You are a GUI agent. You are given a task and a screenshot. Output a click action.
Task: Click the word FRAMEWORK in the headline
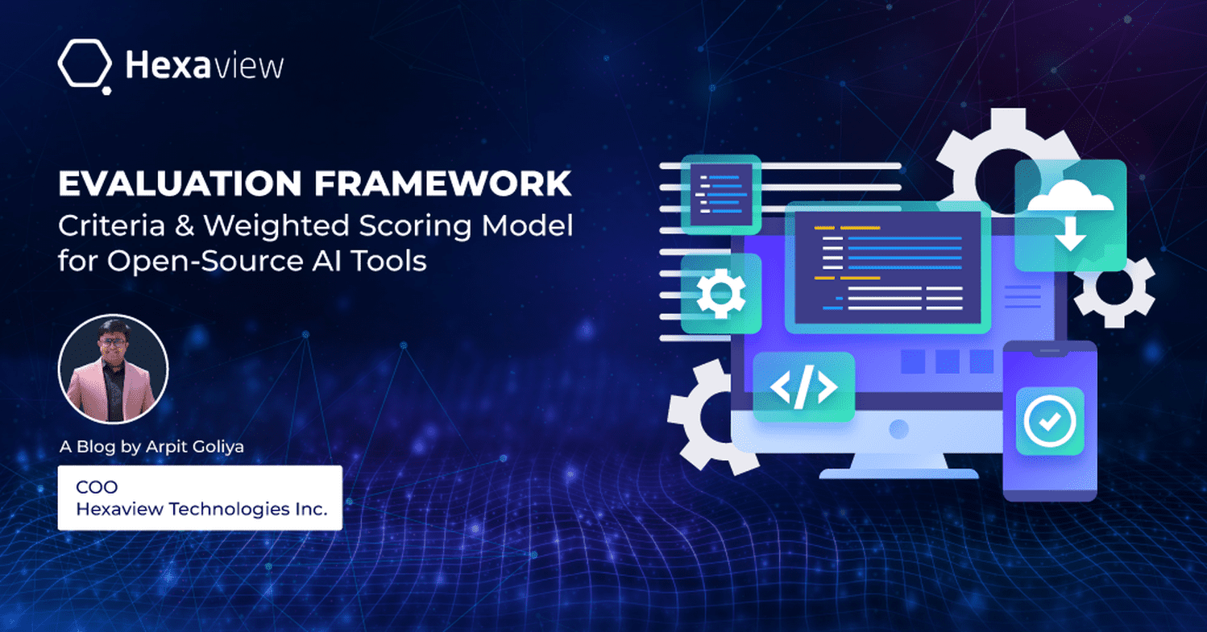pyautogui.click(x=442, y=184)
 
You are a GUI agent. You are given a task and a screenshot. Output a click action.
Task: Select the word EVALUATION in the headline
pyautogui.click(x=180, y=184)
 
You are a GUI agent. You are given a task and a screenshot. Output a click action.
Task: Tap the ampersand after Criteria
pyautogui.click(x=185, y=225)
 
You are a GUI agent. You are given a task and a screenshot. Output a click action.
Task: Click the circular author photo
pyautogui.click(x=113, y=370)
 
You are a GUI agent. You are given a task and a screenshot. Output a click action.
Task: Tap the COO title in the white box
pyautogui.click(x=97, y=487)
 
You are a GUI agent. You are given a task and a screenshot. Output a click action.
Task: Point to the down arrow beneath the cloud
pyautogui.click(x=1070, y=233)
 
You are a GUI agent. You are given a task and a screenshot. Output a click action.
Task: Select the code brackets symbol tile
pyautogui.click(x=803, y=387)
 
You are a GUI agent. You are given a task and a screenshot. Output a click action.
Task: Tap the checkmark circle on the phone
pyautogui.click(x=1050, y=422)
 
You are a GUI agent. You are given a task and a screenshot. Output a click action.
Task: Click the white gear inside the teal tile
pyautogui.click(x=721, y=293)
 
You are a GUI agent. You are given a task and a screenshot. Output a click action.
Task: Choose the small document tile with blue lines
pyautogui.click(x=721, y=194)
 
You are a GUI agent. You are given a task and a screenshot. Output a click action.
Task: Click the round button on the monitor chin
pyautogui.click(x=898, y=429)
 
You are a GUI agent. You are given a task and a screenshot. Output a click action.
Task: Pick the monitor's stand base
pyautogui.click(x=898, y=473)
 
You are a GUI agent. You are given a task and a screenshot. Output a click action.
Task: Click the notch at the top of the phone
pyautogui.click(x=1050, y=352)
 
